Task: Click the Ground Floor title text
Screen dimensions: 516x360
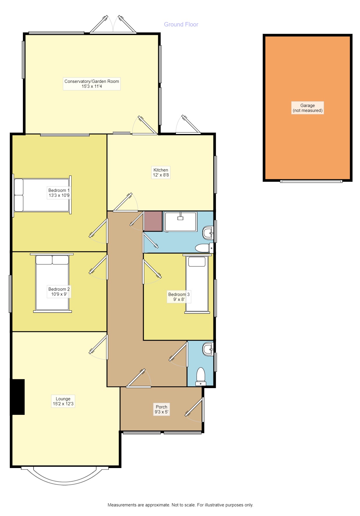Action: click(181, 24)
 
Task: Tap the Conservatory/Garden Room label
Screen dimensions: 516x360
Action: click(92, 84)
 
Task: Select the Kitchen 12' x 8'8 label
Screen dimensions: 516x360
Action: click(161, 172)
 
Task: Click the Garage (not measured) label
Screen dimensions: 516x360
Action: click(307, 108)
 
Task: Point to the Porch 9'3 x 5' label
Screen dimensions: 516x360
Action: click(161, 409)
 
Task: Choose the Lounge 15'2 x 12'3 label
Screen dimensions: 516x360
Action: click(63, 401)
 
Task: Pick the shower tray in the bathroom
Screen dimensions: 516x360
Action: click(181, 222)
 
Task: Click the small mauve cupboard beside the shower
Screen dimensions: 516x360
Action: click(153, 221)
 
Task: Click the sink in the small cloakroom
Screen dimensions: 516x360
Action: click(208, 349)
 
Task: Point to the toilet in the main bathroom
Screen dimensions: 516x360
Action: click(203, 248)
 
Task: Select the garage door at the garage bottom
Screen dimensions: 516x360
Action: click(311, 181)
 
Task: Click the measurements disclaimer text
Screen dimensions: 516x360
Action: click(180, 505)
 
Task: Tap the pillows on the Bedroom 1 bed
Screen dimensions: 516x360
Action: click(19, 195)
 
